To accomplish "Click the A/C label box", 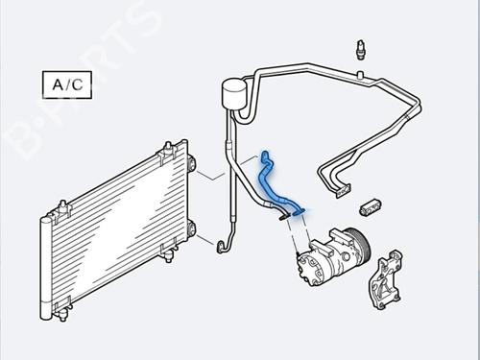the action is coord(63,84).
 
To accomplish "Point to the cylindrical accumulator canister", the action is coord(232,94).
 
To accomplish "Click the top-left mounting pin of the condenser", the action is coord(62,205).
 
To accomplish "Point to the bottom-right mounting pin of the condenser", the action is coord(174,252).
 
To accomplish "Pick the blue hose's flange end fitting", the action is coord(300,205).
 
